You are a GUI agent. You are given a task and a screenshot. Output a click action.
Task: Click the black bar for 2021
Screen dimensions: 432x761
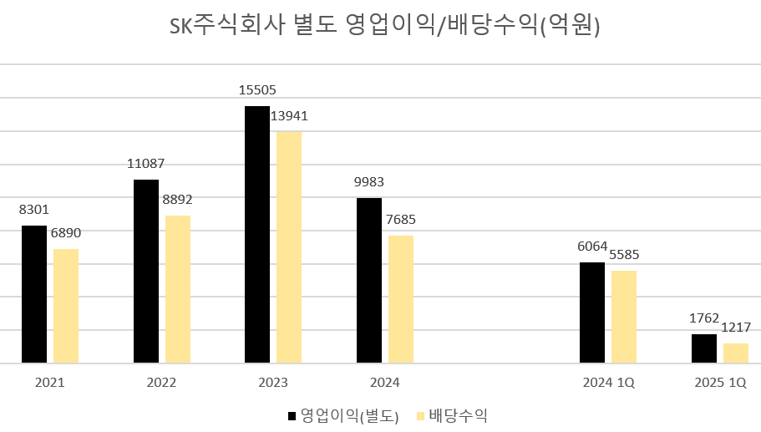click(34, 294)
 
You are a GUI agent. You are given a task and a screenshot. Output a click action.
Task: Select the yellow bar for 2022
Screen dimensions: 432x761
click(178, 289)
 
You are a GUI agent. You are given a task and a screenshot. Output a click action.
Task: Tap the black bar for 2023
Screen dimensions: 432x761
click(257, 235)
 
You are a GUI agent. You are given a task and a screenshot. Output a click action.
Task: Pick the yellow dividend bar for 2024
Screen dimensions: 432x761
click(401, 299)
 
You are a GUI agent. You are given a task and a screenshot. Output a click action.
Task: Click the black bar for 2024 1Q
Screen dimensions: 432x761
click(592, 313)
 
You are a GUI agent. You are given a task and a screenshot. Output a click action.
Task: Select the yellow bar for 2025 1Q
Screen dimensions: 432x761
click(736, 353)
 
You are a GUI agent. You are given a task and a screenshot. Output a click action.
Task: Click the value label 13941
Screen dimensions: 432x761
click(288, 116)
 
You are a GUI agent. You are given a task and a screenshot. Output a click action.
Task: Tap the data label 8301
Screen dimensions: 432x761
click(34, 211)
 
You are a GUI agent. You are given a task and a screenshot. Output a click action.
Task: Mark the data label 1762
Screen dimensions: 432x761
click(703, 318)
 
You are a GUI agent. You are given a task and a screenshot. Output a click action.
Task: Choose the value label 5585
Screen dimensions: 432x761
click(622, 255)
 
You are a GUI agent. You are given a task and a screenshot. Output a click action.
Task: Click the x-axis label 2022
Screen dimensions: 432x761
click(161, 383)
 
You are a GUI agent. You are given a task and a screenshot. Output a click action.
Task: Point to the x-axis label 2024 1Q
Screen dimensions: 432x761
click(608, 383)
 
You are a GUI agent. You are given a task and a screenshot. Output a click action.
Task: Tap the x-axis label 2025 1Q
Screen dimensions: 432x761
click(720, 383)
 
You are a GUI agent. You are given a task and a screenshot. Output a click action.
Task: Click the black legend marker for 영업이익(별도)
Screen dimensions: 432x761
click(292, 415)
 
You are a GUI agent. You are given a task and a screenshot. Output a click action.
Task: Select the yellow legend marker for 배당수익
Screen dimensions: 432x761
click(420, 415)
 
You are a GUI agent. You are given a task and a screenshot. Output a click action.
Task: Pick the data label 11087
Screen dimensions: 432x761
click(145, 164)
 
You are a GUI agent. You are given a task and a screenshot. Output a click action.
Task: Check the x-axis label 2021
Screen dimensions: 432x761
click(50, 383)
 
